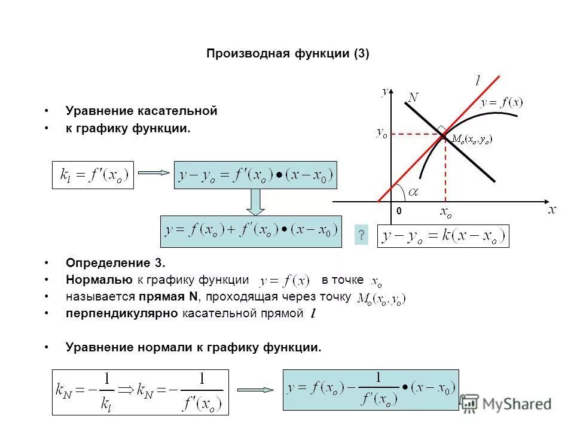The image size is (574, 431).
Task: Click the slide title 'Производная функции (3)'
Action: click(288, 54)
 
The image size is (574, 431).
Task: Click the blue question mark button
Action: click(361, 235)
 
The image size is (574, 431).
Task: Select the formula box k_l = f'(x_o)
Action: click(93, 175)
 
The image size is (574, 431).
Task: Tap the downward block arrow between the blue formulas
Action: click(256, 202)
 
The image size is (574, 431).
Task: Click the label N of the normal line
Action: click(413, 97)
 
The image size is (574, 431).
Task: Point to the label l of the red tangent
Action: click(478, 80)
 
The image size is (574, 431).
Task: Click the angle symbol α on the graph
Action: click(413, 192)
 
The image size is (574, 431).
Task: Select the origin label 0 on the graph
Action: click(399, 212)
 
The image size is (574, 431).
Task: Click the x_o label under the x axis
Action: click(446, 212)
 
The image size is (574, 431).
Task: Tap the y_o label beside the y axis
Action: click(381, 133)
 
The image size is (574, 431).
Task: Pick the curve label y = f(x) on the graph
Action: click(502, 103)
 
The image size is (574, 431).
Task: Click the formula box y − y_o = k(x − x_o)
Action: click(443, 236)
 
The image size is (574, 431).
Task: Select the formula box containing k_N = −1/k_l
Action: click(140, 392)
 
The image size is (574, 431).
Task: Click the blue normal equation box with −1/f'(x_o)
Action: click(371, 390)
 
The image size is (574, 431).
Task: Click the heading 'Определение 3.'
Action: click(115, 263)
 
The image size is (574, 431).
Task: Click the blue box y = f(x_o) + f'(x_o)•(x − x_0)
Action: click(251, 231)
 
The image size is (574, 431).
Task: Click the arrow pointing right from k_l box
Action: click(154, 174)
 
